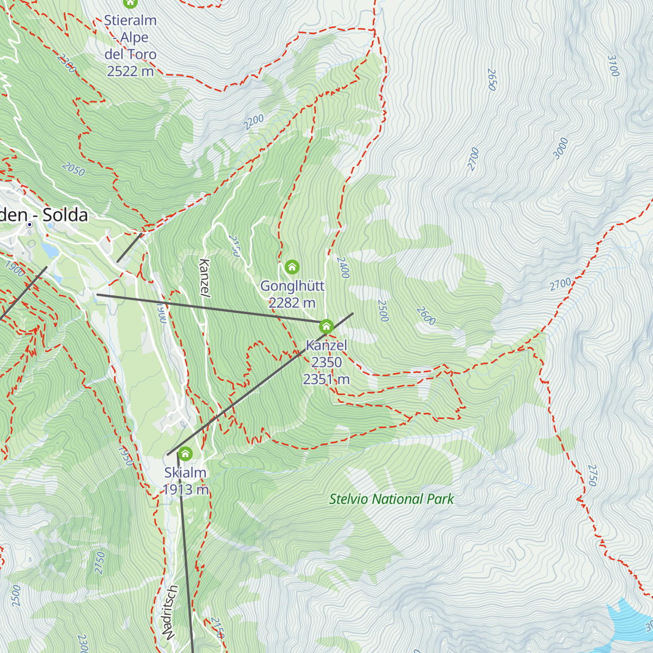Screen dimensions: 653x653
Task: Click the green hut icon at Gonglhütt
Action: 292,267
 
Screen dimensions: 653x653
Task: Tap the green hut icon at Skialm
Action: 186,453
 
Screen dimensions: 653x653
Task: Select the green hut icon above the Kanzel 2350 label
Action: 326,326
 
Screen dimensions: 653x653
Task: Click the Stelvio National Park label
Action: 391,499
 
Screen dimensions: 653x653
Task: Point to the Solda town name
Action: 44,215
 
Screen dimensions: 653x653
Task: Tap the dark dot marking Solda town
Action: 29,224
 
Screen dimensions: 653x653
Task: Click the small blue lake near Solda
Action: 49,250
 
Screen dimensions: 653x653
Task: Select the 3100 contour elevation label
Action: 613,66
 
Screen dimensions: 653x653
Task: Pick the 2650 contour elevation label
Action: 492,79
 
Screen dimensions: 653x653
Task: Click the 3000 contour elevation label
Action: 560,149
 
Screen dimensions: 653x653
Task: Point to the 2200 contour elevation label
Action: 254,122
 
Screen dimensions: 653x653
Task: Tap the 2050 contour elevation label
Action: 73,169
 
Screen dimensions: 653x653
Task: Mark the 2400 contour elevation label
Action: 342,268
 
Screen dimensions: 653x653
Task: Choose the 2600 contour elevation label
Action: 426,316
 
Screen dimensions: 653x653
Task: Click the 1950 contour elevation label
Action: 125,456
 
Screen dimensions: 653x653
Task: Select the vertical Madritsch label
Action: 170,612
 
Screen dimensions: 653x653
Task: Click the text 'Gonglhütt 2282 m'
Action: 292,294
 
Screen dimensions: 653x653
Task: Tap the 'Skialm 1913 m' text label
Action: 186,481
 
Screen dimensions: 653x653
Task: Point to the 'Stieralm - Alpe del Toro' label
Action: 131,46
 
